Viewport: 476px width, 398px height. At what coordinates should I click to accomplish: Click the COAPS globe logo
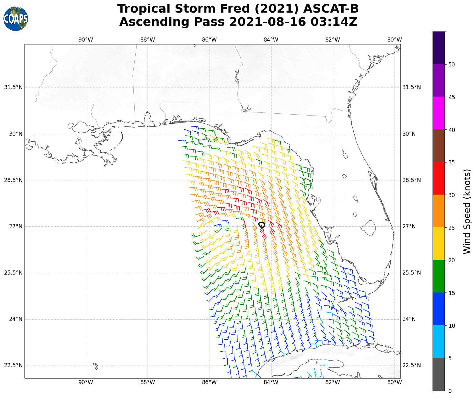(x=16, y=19)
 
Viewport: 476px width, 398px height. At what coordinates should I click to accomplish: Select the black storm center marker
(x=261, y=225)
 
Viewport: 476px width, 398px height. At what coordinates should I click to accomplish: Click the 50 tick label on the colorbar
(x=452, y=65)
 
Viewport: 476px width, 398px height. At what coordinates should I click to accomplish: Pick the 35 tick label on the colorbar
(x=452, y=162)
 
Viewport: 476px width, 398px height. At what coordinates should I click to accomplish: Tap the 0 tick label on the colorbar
(x=450, y=391)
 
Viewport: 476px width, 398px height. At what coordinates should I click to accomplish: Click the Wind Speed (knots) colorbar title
(x=468, y=211)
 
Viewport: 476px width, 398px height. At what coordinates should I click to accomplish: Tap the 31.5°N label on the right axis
(x=412, y=87)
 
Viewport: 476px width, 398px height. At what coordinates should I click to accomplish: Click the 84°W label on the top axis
(x=271, y=40)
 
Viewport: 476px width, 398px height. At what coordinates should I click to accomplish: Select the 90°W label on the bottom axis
(x=86, y=382)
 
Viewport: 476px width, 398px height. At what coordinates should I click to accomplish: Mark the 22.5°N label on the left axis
(x=14, y=365)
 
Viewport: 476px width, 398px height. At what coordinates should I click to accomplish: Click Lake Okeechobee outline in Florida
(x=368, y=227)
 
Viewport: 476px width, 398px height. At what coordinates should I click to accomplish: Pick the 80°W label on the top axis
(x=395, y=40)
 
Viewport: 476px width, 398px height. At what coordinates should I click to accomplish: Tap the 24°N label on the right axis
(x=409, y=319)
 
